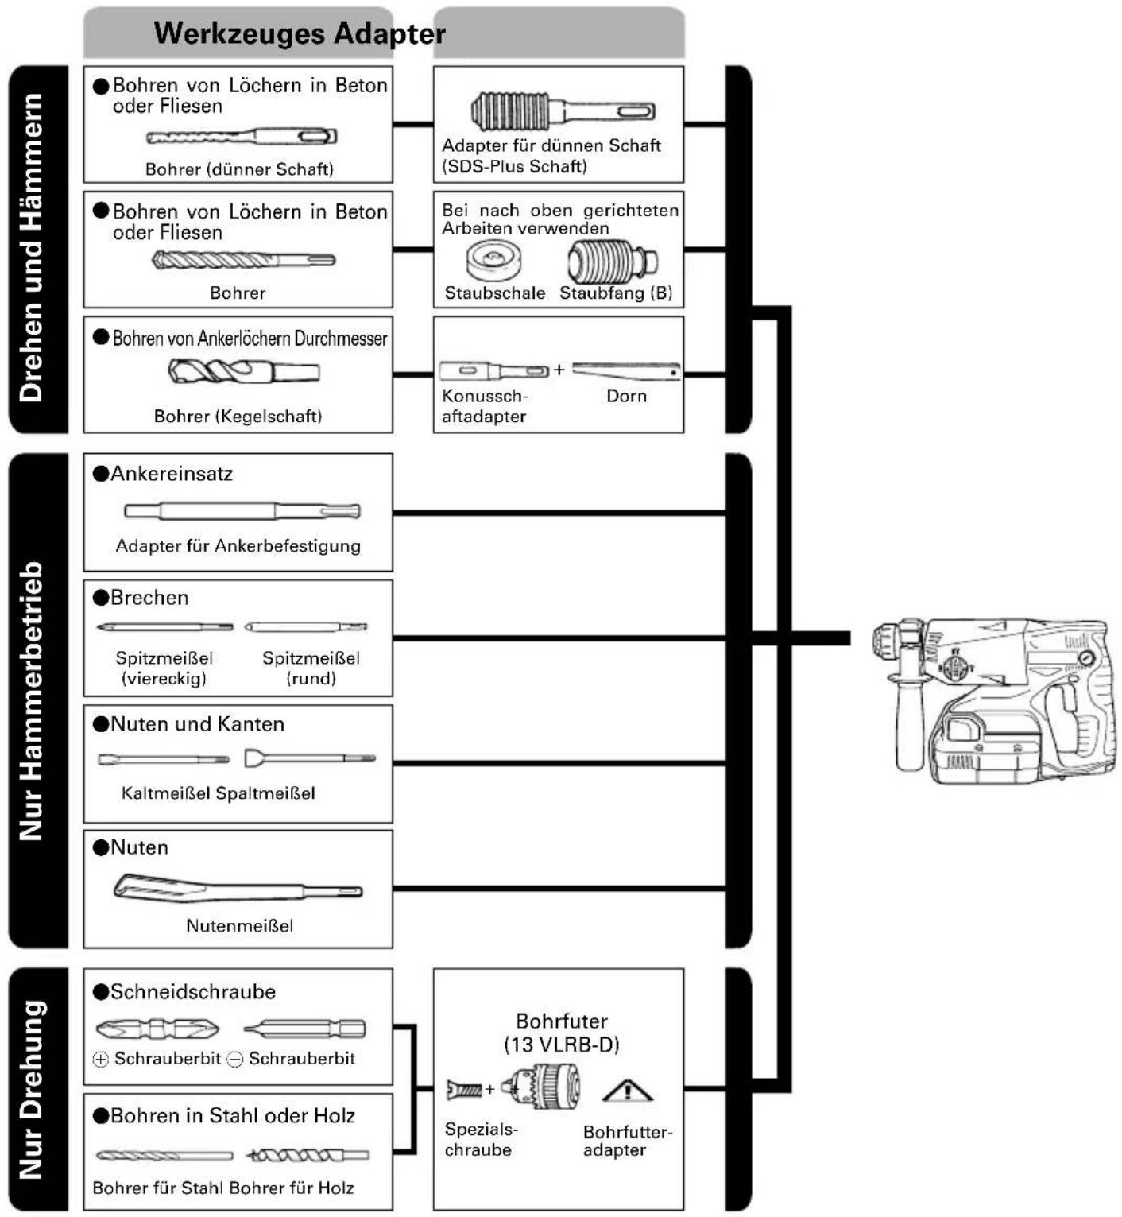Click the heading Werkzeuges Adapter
300,33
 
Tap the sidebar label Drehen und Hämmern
31,247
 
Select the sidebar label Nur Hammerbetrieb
31,700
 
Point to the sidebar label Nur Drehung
31,1089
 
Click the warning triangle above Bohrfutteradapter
628,1091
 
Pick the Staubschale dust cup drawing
493,261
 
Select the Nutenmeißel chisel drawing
238,888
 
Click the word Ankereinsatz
172,474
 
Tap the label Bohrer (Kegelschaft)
238,416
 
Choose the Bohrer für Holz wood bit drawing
308,1155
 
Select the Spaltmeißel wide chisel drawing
310,758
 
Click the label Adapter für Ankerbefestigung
238,546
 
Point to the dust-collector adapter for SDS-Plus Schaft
563,110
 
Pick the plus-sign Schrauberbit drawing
157,1029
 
